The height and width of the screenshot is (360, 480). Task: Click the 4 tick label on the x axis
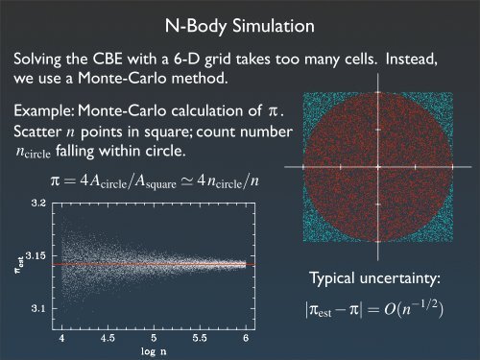62,338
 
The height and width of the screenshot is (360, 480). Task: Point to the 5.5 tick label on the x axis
201,338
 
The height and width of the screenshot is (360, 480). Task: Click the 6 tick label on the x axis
247,338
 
